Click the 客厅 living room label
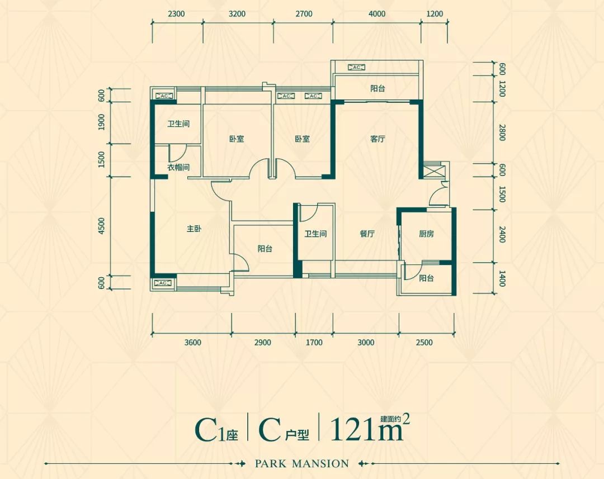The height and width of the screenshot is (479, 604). pyautogui.click(x=378, y=139)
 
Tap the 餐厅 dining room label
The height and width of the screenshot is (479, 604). pyautogui.click(x=367, y=234)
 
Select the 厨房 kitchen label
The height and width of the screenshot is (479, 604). pyautogui.click(x=426, y=234)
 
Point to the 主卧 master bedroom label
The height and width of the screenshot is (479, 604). pyautogui.click(x=194, y=229)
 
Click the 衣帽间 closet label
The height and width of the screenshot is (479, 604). pyautogui.click(x=178, y=167)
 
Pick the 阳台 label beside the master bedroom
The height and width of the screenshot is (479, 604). pyautogui.click(x=265, y=249)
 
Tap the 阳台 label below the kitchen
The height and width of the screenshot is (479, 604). pyautogui.click(x=427, y=278)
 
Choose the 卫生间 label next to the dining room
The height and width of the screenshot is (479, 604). pyautogui.click(x=315, y=234)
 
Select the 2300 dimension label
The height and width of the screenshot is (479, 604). pyautogui.click(x=176, y=14)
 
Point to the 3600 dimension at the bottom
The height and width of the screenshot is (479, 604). pyautogui.click(x=192, y=343)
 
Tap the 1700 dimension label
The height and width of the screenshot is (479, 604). pyautogui.click(x=314, y=343)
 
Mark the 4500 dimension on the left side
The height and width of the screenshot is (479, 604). pyautogui.click(x=101, y=226)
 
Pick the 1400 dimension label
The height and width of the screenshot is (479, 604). pyautogui.click(x=502, y=278)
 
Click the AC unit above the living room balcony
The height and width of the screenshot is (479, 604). pyautogui.click(x=356, y=68)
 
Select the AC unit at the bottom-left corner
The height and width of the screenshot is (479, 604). pyautogui.click(x=163, y=283)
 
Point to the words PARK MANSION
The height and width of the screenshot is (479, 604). pyautogui.click(x=301, y=463)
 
